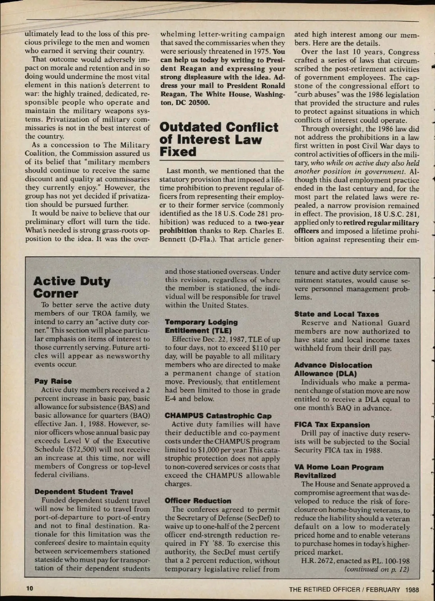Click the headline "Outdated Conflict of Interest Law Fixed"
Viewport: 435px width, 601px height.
click(x=219, y=139)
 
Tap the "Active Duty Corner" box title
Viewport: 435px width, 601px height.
click(x=72, y=287)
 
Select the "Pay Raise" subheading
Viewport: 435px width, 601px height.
click(x=53, y=381)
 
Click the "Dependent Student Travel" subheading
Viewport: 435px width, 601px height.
click(x=84, y=492)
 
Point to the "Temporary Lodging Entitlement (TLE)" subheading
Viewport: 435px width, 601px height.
click(x=201, y=326)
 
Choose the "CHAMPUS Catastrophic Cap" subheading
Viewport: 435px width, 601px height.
click(x=218, y=416)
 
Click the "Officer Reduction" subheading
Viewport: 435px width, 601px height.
click(x=198, y=501)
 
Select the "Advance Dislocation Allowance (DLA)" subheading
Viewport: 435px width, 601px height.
click(x=333, y=369)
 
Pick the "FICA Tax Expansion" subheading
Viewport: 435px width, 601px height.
click(x=332, y=424)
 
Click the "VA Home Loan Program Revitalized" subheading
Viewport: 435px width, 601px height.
click(x=339, y=471)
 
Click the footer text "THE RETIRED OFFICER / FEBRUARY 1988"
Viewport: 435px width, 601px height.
click(x=354, y=589)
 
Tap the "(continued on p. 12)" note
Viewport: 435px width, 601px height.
click(x=377, y=569)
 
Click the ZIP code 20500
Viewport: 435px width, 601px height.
click(x=199, y=103)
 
